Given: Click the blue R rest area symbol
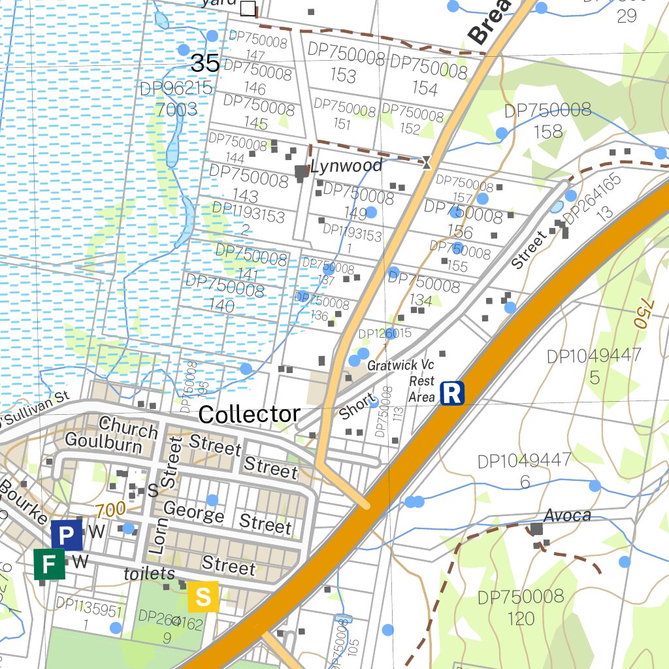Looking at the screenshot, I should click(x=452, y=393).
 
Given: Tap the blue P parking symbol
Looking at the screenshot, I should click(x=67, y=536).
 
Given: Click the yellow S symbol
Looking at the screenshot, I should click(x=203, y=596).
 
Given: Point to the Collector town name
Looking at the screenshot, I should click(x=249, y=414).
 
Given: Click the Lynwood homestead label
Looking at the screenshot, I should click(x=346, y=166).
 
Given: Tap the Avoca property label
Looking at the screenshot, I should click(x=567, y=515).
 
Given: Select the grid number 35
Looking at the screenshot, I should click(x=204, y=63).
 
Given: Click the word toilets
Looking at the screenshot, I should click(x=150, y=574).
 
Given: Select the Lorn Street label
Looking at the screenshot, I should click(x=166, y=497).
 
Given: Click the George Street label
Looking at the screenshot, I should click(x=227, y=518).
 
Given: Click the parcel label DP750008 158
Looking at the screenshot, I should click(x=547, y=121).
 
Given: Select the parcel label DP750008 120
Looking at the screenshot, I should click(x=521, y=607).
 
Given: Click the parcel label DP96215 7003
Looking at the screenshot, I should click(x=176, y=99).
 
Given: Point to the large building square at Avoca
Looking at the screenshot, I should click(x=536, y=529).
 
